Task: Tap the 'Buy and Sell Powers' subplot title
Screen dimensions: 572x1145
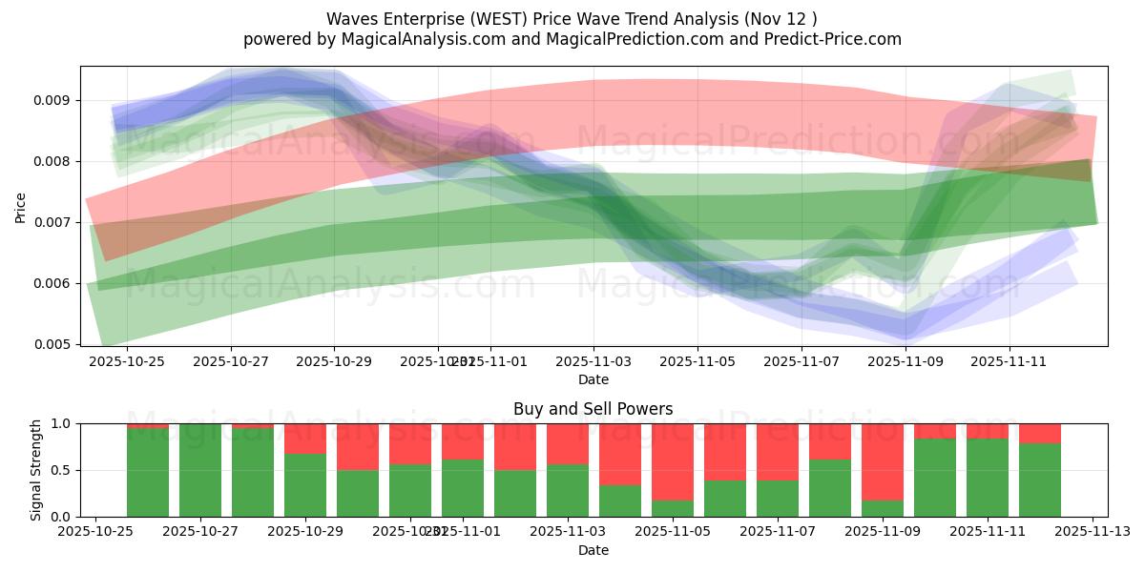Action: (593, 409)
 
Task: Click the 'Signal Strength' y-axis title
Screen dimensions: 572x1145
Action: (35, 470)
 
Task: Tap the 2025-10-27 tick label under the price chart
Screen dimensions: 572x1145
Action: (230, 361)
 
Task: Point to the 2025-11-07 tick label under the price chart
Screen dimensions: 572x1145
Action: (801, 361)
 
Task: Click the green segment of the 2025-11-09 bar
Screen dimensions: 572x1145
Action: (883, 508)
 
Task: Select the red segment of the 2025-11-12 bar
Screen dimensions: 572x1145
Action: (1040, 433)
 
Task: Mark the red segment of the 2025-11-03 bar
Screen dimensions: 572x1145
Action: (568, 443)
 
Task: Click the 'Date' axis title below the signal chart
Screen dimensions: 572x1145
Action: (593, 550)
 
